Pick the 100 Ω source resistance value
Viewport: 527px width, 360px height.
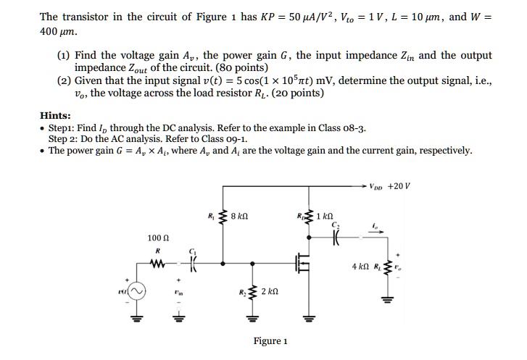[157, 238]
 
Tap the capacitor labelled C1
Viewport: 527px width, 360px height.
[194, 264]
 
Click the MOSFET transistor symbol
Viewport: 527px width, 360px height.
[303, 264]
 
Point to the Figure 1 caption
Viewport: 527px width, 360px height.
[270, 341]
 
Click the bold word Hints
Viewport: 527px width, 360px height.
[55, 115]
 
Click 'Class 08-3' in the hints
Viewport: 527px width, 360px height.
[341, 128]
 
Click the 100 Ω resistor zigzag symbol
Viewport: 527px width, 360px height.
[157, 264]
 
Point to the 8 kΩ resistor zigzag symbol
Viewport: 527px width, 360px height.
[223, 217]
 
